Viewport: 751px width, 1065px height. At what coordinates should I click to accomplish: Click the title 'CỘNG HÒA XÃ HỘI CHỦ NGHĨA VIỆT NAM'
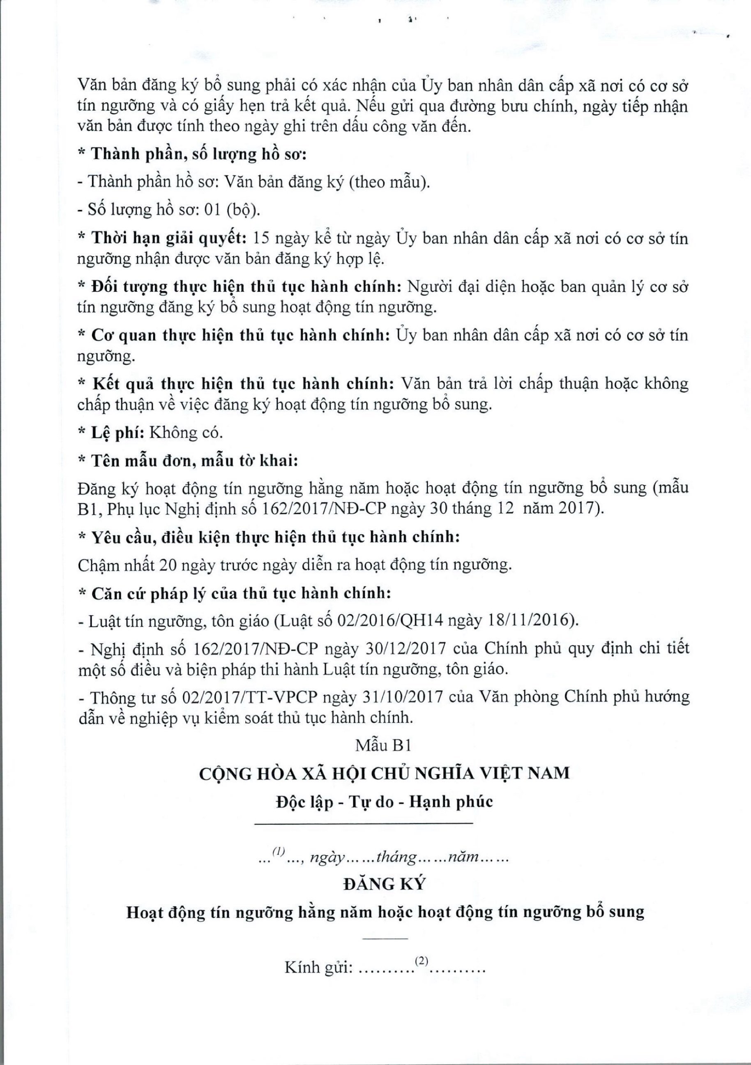point(384,773)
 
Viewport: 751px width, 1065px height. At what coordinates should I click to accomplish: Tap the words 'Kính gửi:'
point(319,968)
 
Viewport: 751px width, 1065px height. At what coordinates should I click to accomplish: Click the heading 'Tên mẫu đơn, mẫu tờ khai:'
point(194,461)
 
